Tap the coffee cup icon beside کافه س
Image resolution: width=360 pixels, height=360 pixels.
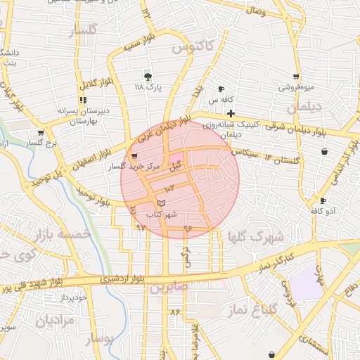[x=221, y=89]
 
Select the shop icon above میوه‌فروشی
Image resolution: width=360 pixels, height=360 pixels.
[x=296, y=77]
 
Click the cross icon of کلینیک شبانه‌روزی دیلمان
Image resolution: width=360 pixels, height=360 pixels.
[x=231, y=113]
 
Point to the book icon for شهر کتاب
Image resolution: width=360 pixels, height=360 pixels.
[x=162, y=203]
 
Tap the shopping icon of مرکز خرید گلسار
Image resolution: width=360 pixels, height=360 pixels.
[x=134, y=156]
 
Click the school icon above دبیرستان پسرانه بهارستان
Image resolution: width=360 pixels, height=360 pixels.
[x=83, y=100]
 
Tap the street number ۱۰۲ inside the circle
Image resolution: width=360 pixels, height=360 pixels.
[x=170, y=189]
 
